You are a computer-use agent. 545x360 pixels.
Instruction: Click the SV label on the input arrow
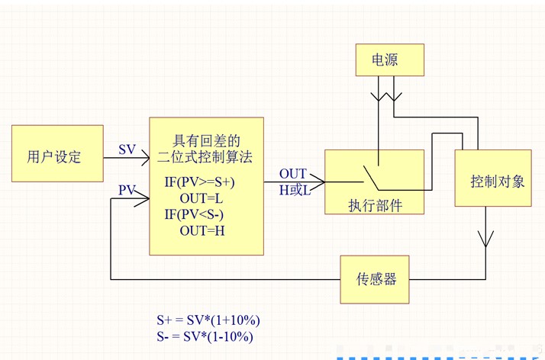(127, 149)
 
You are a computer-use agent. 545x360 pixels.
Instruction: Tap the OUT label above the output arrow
(292, 175)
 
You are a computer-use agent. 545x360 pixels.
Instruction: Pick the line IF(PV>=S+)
(200, 183)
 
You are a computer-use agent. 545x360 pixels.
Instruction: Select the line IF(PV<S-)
(198, 214)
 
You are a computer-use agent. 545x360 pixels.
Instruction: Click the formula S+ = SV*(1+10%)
(202, 320)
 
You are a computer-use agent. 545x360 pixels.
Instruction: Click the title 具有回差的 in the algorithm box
(207, 141)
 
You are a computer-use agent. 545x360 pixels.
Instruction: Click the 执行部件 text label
(375, 204)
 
